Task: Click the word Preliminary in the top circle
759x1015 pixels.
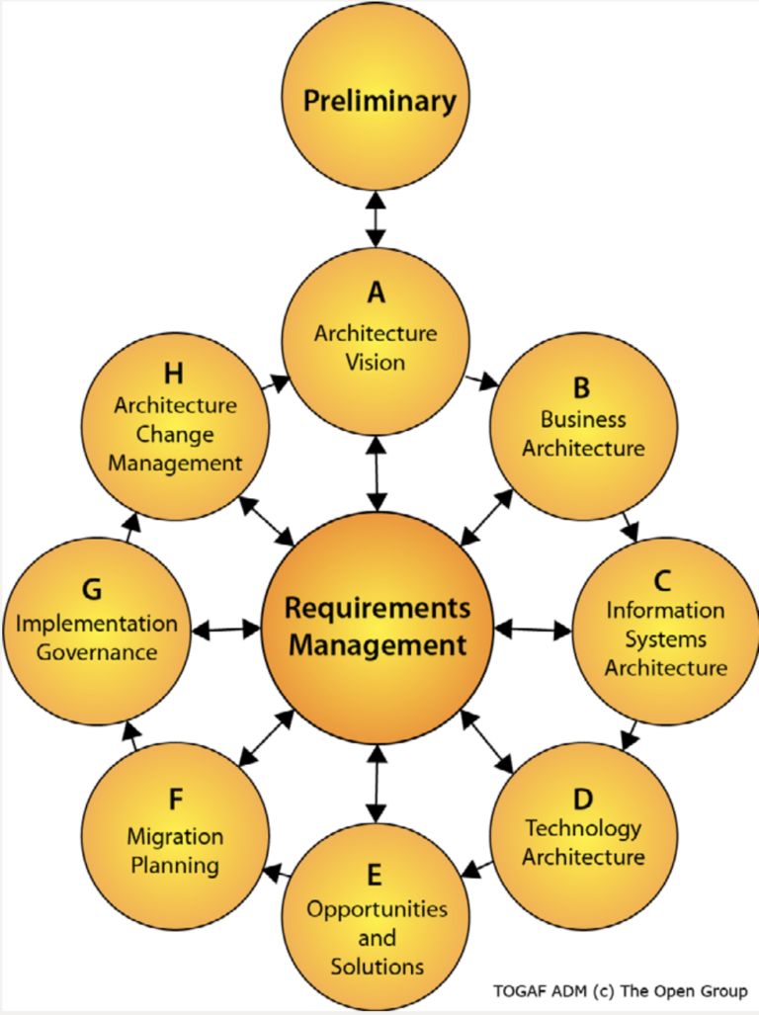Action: [x=379, y=101]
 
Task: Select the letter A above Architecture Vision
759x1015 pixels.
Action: [x=376, y=293]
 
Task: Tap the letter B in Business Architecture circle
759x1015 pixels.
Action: [x=583, y=385]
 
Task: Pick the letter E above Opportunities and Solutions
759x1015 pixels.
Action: [x=375, y=874]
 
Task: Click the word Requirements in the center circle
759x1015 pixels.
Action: [x=377, y=607]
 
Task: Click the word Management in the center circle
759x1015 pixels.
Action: [x=377, y=645]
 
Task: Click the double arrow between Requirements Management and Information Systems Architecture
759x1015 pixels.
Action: [x=533, y=628]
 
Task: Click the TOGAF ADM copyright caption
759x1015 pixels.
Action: [x=620, y=990]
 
